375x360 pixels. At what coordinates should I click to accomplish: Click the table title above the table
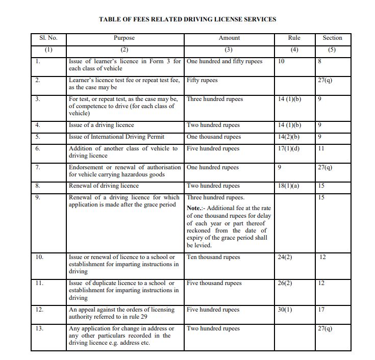(x=187, y=19)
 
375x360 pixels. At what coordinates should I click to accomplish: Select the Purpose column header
(x=124, y=38)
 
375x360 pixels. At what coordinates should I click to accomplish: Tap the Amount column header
(x=229, y=38)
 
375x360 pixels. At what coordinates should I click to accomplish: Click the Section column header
(x=332, y=38)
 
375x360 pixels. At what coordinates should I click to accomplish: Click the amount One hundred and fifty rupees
(x=224, y=61)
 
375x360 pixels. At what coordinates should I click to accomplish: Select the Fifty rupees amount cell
(x=202, y=81)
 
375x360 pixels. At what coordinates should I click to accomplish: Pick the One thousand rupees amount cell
(x=213, y=137)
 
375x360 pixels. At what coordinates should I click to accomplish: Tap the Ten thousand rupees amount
(x=213, y=257)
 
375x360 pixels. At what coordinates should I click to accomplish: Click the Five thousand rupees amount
(x=214, y=283)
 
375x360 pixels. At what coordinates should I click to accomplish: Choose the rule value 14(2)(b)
(x=289, y=137)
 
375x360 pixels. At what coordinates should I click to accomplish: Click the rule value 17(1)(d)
(x=289, y=148)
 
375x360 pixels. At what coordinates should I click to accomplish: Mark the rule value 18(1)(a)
(x=289, y=186)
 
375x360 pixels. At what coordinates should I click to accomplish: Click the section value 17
(x=321, y=310)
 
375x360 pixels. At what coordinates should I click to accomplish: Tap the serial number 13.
(x=39, y=328)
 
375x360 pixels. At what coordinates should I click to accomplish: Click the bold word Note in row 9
(x=194, y=209)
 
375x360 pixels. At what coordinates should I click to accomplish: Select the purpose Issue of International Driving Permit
(x=119, y=137)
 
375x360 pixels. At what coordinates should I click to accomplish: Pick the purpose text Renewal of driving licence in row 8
(x=104, y=186)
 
